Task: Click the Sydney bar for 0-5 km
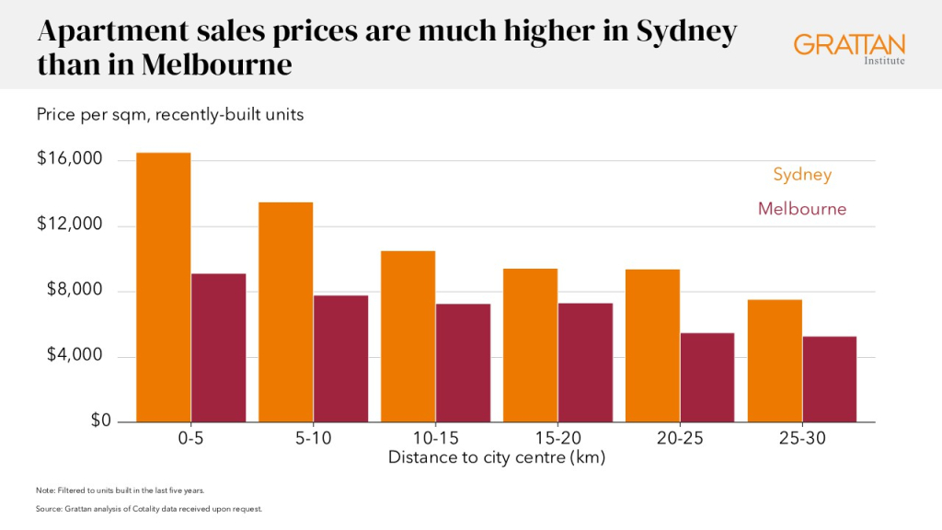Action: pos(164,287)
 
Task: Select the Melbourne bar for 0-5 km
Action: pos(219,348)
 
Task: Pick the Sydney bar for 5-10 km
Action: pos(286,312)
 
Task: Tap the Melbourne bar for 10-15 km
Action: pos(464,363)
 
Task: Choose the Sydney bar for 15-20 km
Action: pos(531,346)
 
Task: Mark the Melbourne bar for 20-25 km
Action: pos(707,377)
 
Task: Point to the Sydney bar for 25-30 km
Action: pos(775,361)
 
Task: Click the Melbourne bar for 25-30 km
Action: pos(830,379)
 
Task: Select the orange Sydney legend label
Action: pos(802,175)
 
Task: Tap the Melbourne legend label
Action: pos(802,209)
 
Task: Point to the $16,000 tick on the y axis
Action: pos(70,158)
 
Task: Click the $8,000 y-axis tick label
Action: pos(75,290)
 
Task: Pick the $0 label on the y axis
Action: pos(101,420)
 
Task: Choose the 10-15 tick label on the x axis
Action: pos(435,438)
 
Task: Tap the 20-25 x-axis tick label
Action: pos(680,438)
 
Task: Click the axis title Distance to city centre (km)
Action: pos(497,457)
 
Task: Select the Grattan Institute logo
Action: pos(849,48)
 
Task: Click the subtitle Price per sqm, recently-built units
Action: pos(170,114)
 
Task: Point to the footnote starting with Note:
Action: pos(121,490)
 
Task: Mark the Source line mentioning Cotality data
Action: pos(149,509)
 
